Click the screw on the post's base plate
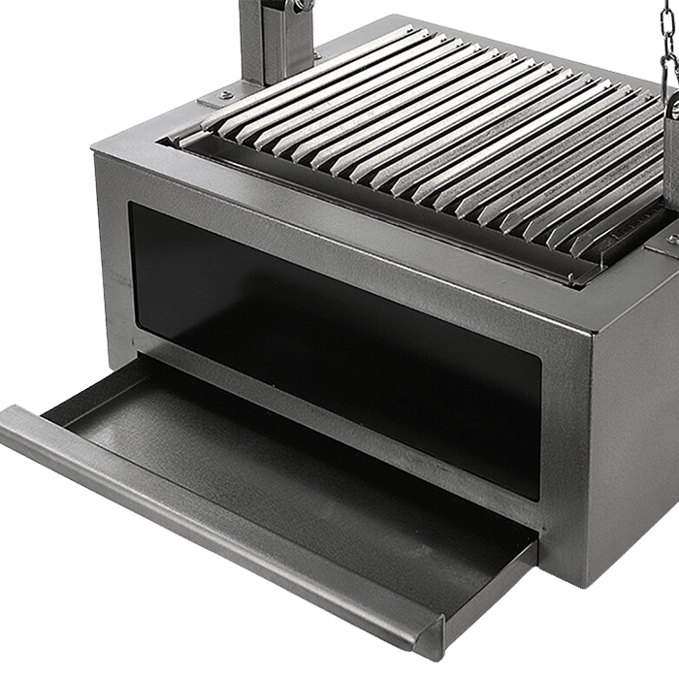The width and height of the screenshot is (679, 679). click(x=225, y=95)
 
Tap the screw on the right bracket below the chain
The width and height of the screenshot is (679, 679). click(x=671, y=237)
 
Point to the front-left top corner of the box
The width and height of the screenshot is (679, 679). click(x=97, y=145)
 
